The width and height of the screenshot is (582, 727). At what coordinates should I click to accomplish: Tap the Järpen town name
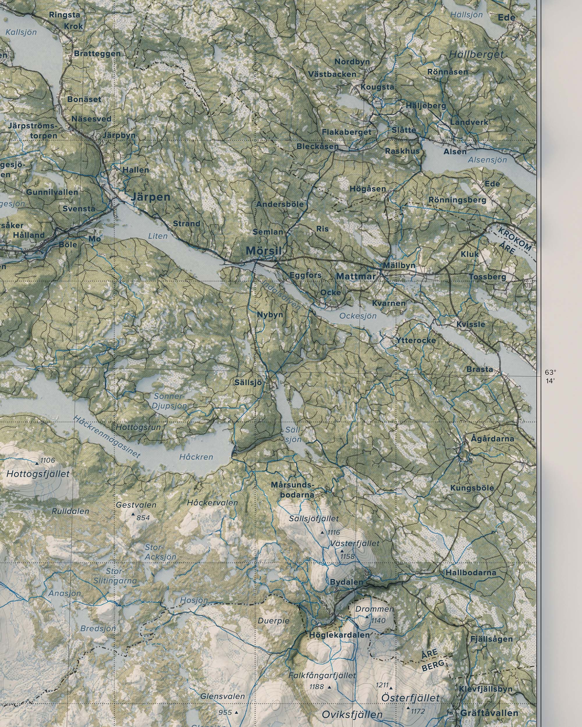click(x=150, y=197)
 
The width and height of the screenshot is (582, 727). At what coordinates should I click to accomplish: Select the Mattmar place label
click(x=356, y=276)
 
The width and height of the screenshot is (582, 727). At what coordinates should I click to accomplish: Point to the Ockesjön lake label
click(x=358, y=316)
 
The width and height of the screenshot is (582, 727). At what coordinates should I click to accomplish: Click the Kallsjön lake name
click(x=21, y=32)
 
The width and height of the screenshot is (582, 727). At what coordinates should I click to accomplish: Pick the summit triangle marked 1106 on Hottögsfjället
click(x=37, y=464)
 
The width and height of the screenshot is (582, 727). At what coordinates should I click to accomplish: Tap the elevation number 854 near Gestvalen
click(x=143, y=518)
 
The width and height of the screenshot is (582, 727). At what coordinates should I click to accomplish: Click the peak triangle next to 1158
click(x=342, y=551)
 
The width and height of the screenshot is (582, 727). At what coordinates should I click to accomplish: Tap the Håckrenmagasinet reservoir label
click(x=106, y=436)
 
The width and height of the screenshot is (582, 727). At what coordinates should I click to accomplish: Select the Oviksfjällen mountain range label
click(x=352, y=714)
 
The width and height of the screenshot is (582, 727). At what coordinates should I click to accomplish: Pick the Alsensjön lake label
click(x=487, y=160)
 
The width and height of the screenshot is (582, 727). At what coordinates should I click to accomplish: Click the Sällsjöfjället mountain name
click(x=314, y=519)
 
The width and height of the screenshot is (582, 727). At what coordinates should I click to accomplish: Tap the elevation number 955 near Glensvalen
click(x=225, y=712)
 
